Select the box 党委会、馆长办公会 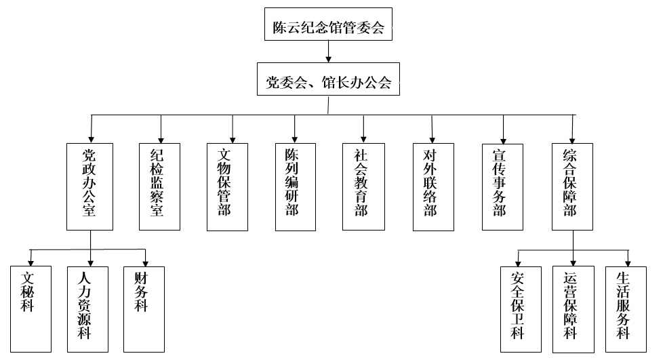point(328,82)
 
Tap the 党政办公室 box point(89,186)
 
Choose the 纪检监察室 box point(160,186)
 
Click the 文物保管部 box point(227,186)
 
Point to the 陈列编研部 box point(295,186)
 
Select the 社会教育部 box point(364,186)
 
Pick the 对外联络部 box point(433,186)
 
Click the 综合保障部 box point(573,186)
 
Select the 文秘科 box point(31,308)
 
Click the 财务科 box point(144,308)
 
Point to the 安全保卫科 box point(521,309)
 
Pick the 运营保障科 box point(573,309)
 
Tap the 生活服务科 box point(626,309)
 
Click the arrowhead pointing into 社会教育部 point(364,138)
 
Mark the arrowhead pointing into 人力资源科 point(90,262)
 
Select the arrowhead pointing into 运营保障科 point(573,262)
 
